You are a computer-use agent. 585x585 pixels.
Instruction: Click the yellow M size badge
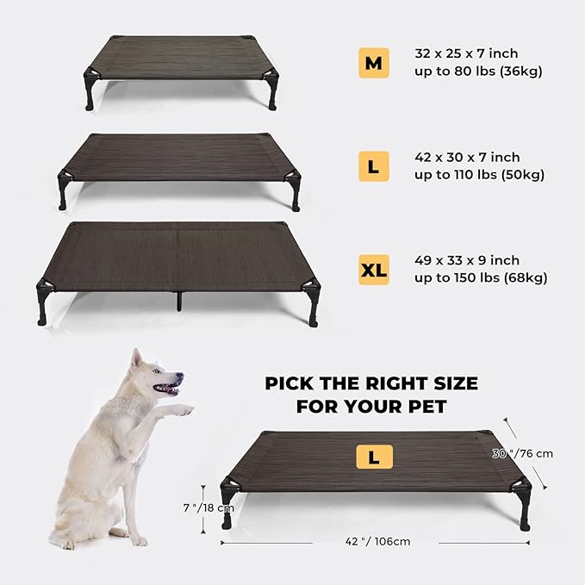373,63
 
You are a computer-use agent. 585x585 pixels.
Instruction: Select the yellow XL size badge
373,270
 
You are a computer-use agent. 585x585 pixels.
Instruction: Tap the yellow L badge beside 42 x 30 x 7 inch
373,165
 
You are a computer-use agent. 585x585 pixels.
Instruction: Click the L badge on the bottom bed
373,457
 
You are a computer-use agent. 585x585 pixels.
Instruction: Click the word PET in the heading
449,405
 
